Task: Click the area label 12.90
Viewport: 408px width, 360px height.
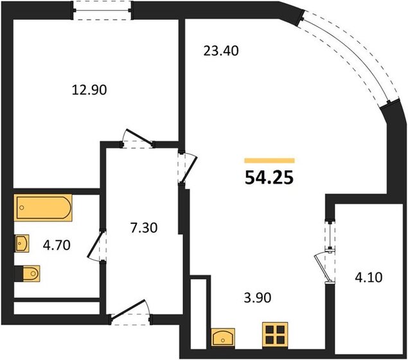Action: point(89,90)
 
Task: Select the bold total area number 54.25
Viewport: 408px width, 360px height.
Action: point(269,177)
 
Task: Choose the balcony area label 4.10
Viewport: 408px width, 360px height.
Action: point(366,280)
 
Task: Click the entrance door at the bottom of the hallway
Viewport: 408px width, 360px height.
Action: point(130,314)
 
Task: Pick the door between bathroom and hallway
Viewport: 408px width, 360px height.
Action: point(96,246)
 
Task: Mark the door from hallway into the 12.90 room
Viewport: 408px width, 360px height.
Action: point(137,141)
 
